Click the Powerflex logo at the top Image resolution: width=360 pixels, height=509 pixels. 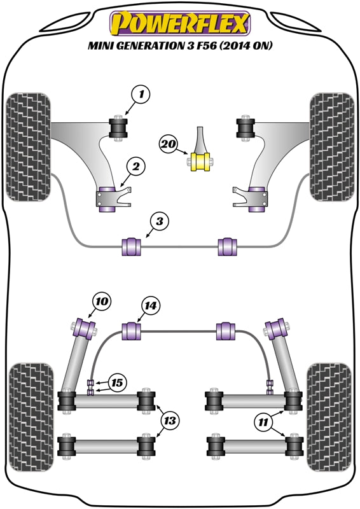[180, 24]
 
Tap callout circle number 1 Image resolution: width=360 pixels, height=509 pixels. [141, 95]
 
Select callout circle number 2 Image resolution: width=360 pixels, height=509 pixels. [135, 167]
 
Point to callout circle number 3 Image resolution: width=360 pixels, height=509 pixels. [160, 221]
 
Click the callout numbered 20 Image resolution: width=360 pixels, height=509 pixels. [169, 144]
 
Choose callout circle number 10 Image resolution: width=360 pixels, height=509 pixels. [102, 301]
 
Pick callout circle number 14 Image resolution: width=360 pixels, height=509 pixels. [151, 306]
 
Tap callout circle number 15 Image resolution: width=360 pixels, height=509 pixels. [117, 383]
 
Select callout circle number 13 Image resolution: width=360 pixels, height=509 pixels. [170, 421]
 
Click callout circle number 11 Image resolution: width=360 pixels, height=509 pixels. [263, 422]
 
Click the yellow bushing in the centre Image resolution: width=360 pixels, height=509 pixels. [201, 162]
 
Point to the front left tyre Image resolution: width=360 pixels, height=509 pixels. [28, 147]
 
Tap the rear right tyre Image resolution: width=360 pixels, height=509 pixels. [328, 417]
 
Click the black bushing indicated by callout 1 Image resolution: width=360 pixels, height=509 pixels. [118, 128]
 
